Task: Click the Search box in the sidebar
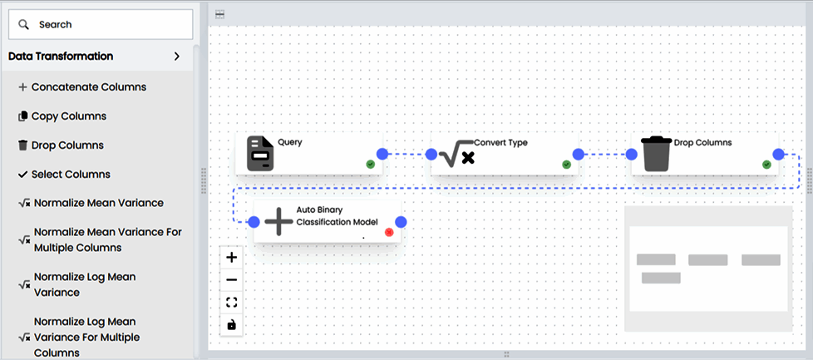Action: (101, 25)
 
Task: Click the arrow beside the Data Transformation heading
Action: (176, 57)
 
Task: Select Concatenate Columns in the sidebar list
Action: (88, 86)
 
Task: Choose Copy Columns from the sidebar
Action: (68, 116)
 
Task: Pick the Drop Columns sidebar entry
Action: (67, 145)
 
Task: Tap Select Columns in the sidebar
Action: (70, 174)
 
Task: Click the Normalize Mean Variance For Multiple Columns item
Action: (107, 239)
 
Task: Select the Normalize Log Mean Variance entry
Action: (84, 284)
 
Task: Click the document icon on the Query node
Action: (260, 154)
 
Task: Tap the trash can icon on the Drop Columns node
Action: (656, 154)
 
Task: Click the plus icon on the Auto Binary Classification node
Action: (278, 222)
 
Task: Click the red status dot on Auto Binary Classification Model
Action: (389, 232)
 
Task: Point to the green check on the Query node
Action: (370, 165)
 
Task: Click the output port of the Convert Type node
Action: (579, 154)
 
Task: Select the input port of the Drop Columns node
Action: (631, 154)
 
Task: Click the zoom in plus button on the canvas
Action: (232, 258)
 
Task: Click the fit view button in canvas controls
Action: (232, 302)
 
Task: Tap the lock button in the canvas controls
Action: (232, 324)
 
